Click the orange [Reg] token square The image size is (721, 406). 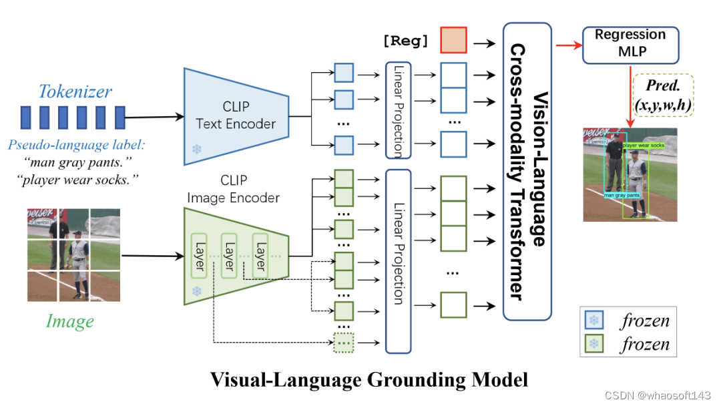(x=454, y=41)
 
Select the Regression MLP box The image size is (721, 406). (x=630, y=44)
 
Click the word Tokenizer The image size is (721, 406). (x=75, y=91)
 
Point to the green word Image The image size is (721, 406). (x=70, y=321)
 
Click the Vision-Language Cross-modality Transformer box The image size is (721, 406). (x=527, y=170)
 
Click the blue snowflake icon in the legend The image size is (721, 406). (x=593, y=321)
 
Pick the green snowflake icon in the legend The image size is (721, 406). (x=593, y=345)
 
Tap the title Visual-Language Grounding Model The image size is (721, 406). (x=369, y=379)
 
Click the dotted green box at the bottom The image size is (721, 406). (x=343, y=343)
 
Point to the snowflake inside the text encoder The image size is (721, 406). (x=196, y=150)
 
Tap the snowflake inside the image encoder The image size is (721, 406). (x=196, y=292)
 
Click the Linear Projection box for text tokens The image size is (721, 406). (x=399, y=110)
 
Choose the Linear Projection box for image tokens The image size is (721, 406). (x=399, y=260)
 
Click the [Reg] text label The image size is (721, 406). (x=406, y=41)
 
